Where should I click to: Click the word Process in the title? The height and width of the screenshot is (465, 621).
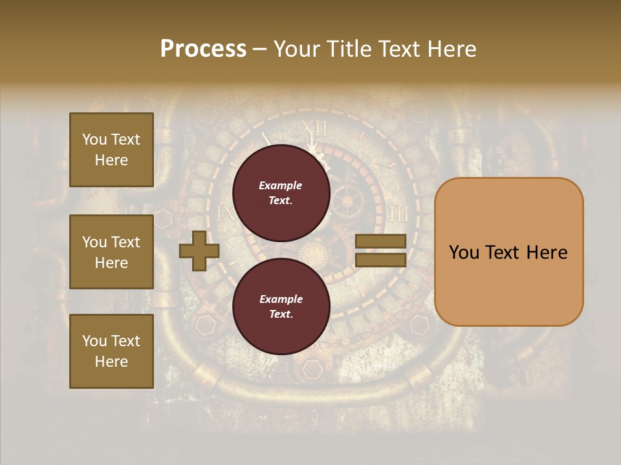point(203,49)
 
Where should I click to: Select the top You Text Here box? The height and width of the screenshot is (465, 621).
point(111,150)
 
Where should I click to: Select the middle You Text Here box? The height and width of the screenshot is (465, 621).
point(111,252)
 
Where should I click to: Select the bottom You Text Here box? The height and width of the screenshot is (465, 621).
point(111,351)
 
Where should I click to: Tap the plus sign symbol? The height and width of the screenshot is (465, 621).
point(199,251)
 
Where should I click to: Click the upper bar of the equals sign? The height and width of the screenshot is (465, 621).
point(380,241)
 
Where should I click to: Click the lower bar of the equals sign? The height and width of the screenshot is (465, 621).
point(380,260)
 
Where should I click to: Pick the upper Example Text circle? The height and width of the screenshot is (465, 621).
point(281,192)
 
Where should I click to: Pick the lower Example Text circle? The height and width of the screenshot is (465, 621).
point(281,306)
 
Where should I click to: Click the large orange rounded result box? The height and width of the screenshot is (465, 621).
point(508,252)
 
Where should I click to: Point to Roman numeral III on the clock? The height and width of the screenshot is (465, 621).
point(398,214)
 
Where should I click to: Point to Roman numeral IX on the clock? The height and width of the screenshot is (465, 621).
point(224,214)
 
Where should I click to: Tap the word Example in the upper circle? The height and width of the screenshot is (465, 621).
point(281,185)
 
